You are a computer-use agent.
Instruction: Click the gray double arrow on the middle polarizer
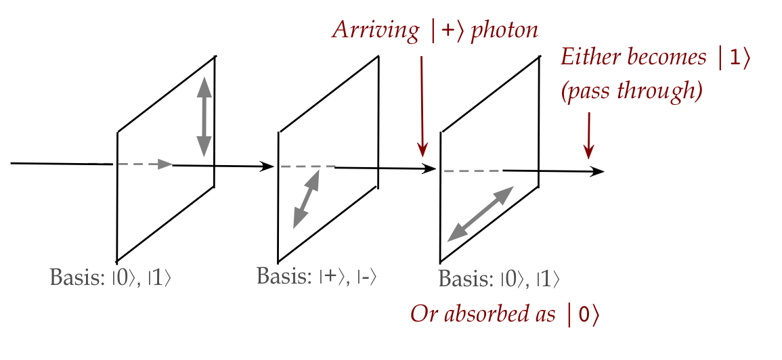tap(307, 198)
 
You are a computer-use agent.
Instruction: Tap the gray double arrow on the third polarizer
tap(481, 214)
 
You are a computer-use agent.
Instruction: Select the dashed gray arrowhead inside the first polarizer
tap(165, 164)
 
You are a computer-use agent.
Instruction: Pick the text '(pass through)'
tap(630, 90)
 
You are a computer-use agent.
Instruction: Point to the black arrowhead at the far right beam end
tap(596, 171)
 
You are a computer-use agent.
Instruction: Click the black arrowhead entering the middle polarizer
tap(268, 166)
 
